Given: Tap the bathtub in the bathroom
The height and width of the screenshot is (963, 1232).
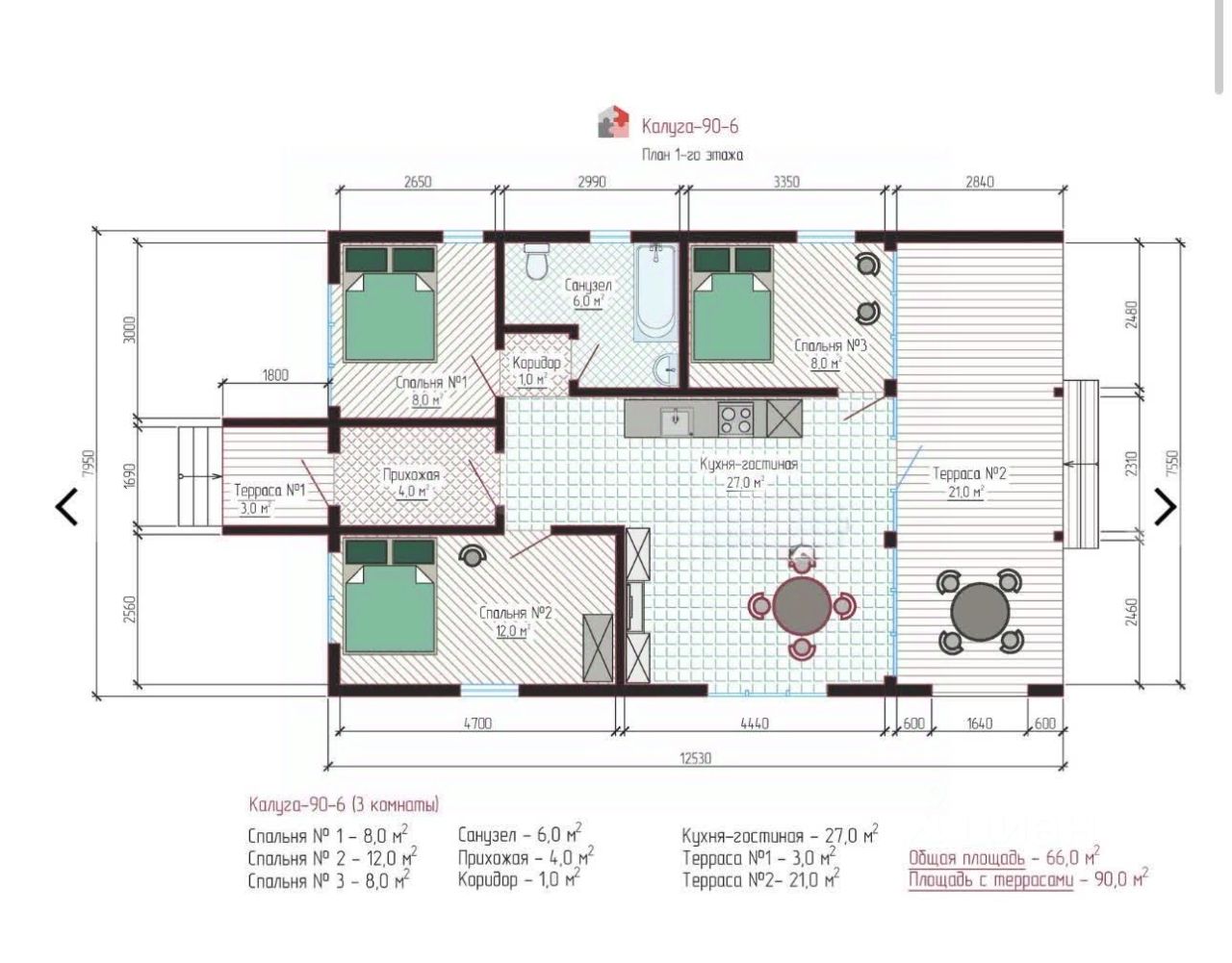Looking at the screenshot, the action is pos(655,292).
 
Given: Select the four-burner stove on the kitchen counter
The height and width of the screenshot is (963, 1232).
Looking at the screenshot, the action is pos(736,418).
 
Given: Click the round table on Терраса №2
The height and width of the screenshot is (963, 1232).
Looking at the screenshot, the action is pos(980,612).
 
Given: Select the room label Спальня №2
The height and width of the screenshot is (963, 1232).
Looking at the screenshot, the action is pos(515,613).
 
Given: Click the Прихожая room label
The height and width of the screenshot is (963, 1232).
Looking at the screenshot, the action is pos(411,474).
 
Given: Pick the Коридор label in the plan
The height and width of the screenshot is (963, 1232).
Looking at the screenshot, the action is pos(536,363).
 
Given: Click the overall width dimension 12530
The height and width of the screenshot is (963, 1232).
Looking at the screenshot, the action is pos(695,758).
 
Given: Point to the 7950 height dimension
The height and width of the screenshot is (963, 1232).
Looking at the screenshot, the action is pos(88,464).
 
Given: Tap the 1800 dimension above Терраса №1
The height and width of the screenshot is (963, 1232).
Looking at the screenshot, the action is pos(275,375).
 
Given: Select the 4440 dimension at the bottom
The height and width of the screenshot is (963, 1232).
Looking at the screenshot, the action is pos(755,723).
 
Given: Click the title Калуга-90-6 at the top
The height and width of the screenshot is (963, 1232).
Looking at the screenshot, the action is pos(690,126).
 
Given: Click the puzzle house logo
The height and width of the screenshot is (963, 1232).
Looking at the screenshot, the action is pos(613,121).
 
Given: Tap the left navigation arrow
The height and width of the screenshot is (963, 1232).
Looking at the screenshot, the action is pos(66,506).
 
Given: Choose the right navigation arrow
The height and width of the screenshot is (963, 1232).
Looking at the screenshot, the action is pos(1166,506).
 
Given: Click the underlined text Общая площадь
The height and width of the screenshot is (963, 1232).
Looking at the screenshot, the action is pos(966,858).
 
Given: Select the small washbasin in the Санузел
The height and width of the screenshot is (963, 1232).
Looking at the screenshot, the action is pos(665,369).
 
